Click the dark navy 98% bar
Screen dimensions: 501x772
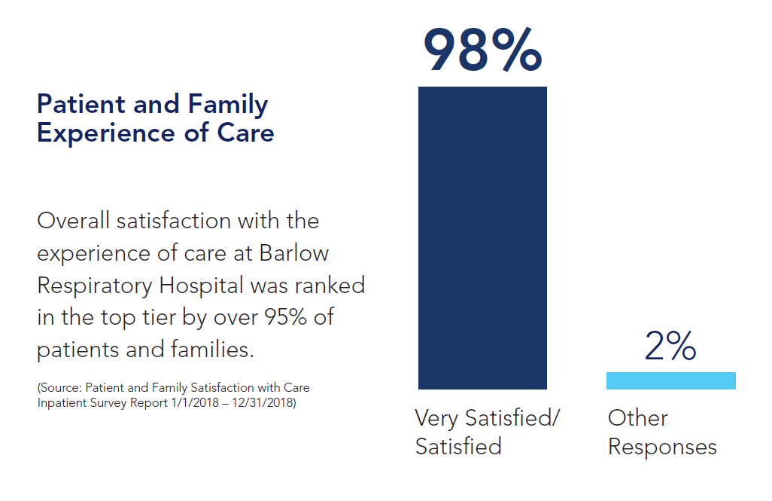click(482, 237)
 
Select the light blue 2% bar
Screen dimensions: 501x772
click(670, 380)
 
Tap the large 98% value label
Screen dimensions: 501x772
click(482, 50)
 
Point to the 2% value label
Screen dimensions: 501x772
click(670, 347)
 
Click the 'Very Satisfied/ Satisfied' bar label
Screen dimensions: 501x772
click(488, 432)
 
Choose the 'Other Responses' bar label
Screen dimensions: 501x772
click(662, 432)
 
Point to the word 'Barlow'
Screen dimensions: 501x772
click(294, 252)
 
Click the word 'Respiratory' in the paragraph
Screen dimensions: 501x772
click(96, 285)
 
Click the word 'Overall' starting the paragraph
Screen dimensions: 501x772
click(73, 221)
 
